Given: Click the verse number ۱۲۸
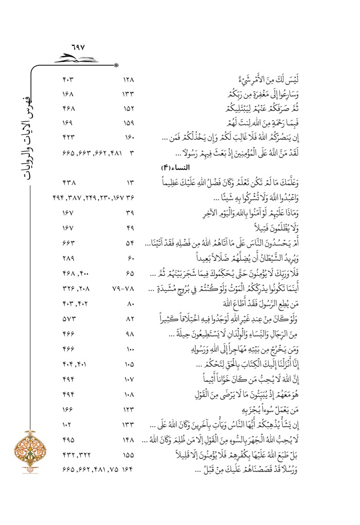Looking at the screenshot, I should [x=129, y=80].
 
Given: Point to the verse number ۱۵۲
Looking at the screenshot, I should [x=129, y=109].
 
